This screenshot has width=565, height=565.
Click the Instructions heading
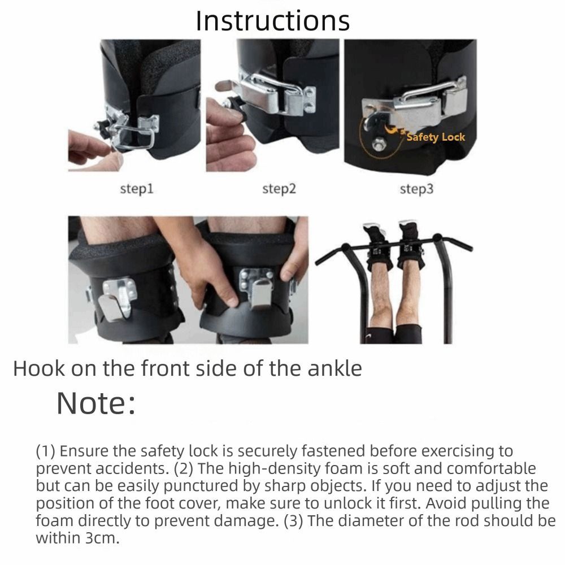(273, 21)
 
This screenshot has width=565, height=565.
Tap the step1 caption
(137, 189)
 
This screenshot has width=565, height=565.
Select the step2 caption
(279, 189)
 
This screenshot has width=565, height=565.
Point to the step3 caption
(416, 189)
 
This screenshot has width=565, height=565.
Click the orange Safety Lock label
(436, 137)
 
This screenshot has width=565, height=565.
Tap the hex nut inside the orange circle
(379, 145)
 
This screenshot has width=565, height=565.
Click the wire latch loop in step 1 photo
(133, 135)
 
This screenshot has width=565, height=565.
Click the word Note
(96, 403)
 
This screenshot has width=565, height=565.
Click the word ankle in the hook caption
(334, 368)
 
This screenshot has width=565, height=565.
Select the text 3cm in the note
(102, 538)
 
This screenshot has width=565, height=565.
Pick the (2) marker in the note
(184, 469)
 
